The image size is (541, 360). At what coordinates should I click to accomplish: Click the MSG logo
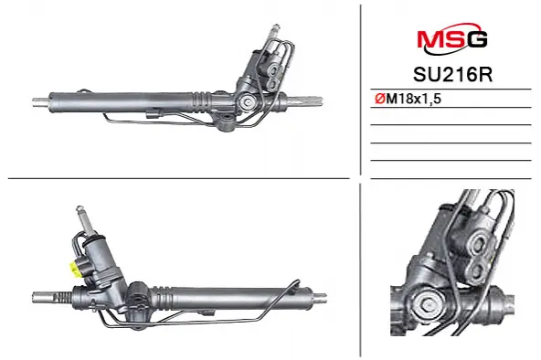pos(452,38)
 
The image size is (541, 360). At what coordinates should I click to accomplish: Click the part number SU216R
pos(452,75)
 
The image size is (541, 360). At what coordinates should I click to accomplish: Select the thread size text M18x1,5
pos(414,99)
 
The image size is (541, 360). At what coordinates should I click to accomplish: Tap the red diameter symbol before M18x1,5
pos(380,99)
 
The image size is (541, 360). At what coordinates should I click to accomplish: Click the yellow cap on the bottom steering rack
pos(75,269)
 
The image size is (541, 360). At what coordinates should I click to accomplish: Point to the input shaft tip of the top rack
pos(275,29)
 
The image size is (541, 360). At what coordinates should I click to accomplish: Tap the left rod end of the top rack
pos(41,101)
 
